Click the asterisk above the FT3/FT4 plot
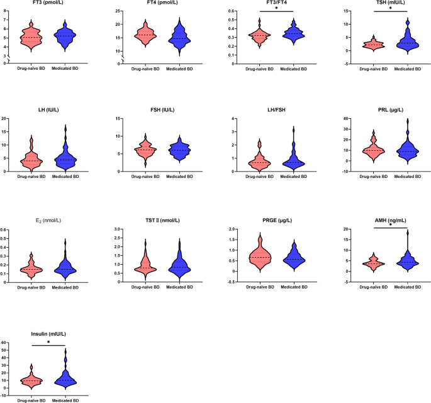[276, 9]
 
